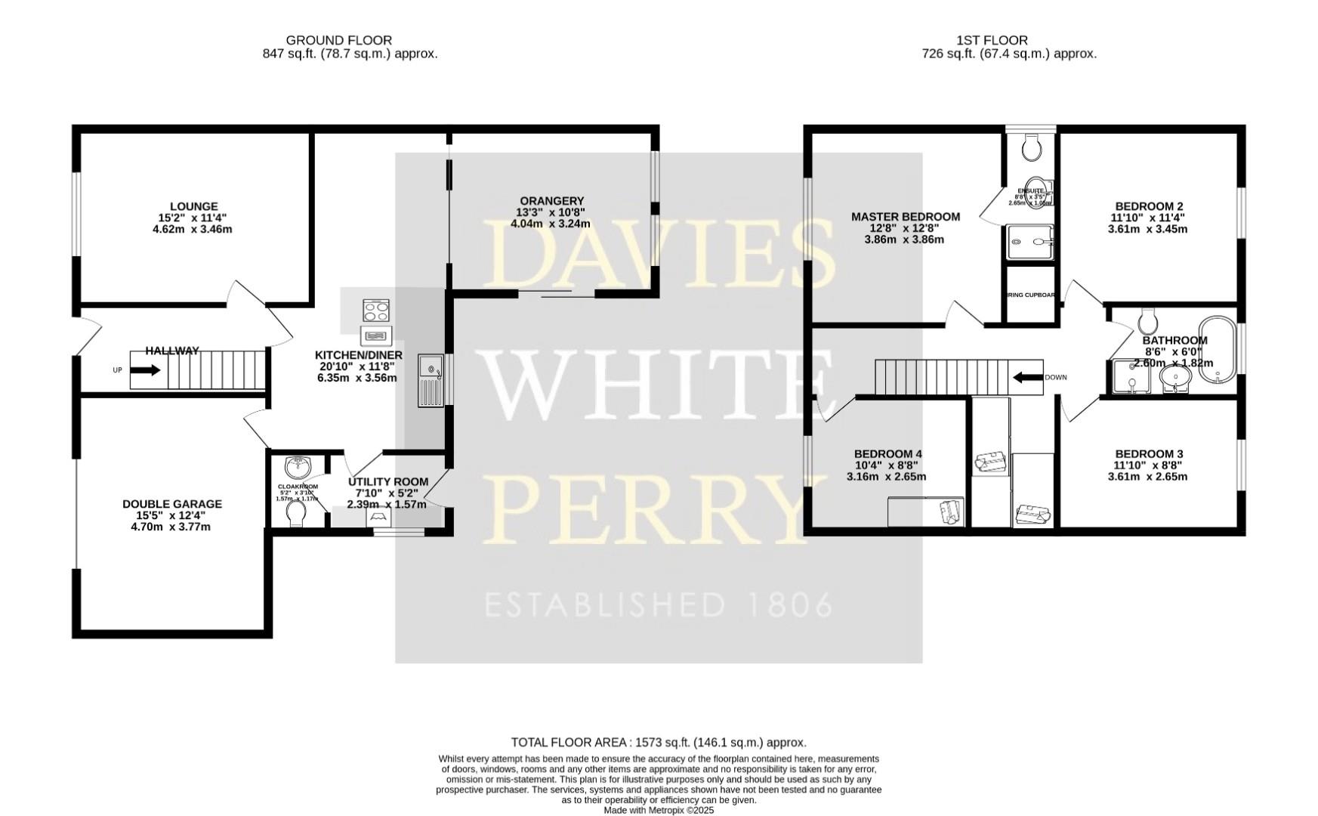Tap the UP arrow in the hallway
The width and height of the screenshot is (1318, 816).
[x=144, y=370]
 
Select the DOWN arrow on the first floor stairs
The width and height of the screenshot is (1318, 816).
[x=1027, y=377]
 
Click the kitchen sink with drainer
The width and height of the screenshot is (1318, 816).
[x=433, y=379]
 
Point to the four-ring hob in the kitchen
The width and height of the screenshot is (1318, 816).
[x=376, y=311]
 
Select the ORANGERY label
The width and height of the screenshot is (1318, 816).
[x=551, y=201]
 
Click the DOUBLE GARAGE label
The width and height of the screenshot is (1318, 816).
[x=172, y=504]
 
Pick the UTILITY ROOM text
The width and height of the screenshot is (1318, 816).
[x=388, y=482]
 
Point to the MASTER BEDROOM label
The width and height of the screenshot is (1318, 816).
[x=906, y=217]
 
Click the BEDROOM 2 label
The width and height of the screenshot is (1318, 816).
[x=1149, y=206]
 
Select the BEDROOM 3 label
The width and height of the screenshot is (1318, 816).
[x=1149, y=454]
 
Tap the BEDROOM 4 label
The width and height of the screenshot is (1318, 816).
[x=887, y=454]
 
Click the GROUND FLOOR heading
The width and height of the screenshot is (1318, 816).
[x=338, y=40]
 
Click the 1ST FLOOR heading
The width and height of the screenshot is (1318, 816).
[x=992, y=40]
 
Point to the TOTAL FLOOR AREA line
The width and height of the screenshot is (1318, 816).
[x=659, y=743]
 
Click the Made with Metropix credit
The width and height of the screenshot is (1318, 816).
[x=659, y=810]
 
